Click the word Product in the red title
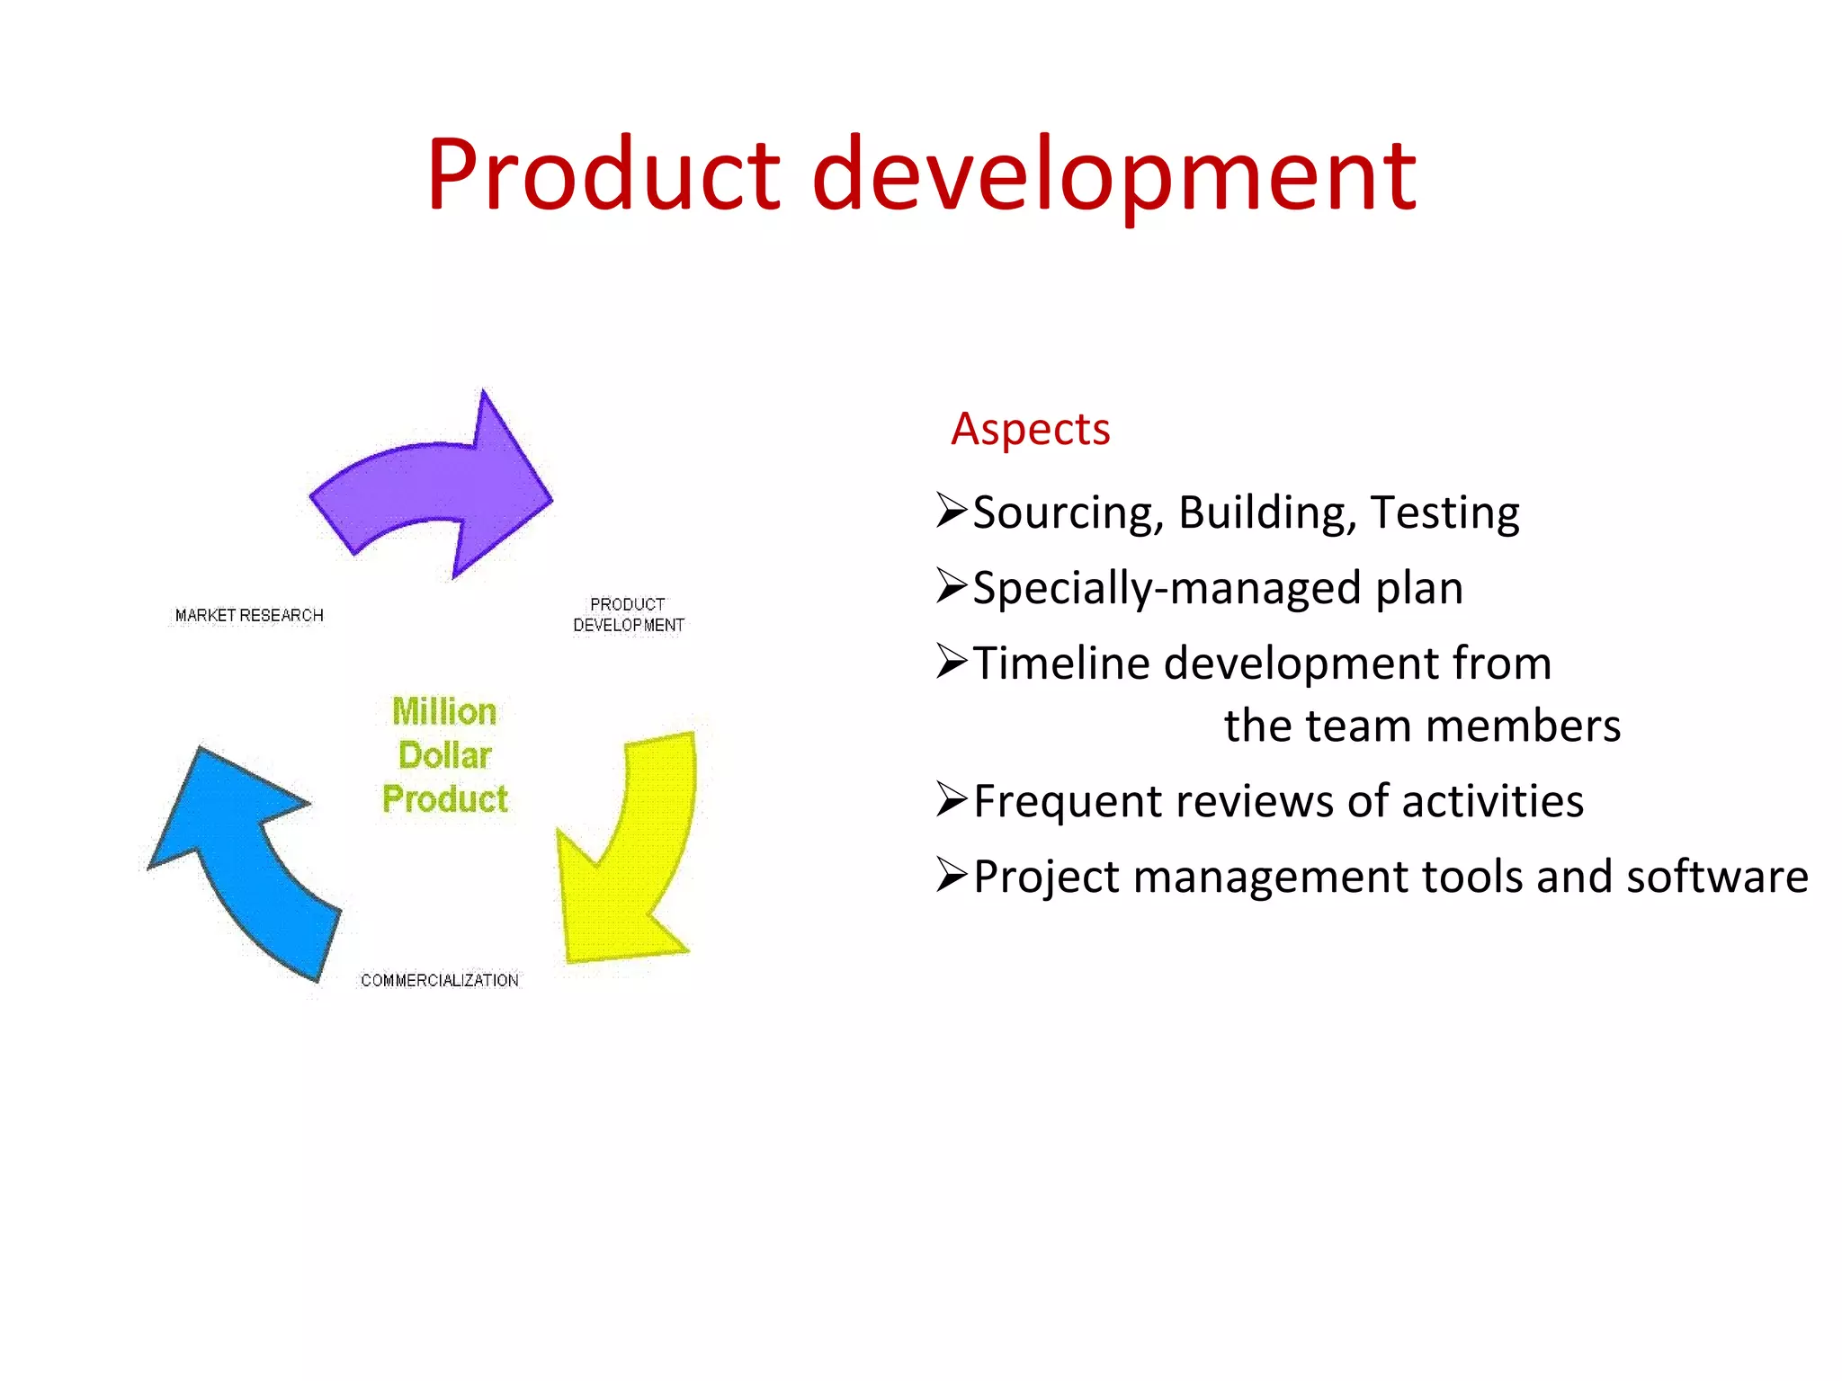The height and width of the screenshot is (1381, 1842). (604, 174)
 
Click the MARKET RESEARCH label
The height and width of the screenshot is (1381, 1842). (249, 616)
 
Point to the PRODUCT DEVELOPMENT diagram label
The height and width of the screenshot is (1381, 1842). (629, 615)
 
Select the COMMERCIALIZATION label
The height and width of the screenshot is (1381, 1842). (439, 981)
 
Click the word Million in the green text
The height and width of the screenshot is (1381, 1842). (444, 712)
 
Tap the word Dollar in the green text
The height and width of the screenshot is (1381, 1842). (445, 756)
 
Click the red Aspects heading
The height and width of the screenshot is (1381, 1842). (1031, 430)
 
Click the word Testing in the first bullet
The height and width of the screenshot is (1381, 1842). (1444, 512)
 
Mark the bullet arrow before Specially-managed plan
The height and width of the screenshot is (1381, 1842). (951, 586)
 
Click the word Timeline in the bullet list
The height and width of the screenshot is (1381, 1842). (1061, 664)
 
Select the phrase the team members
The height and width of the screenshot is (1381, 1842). (1422, 726)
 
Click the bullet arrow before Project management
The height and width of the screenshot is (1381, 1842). (951, 875)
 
